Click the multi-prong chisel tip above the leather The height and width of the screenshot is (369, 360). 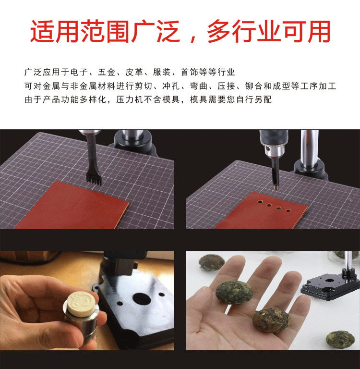click(x=91, y=177)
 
